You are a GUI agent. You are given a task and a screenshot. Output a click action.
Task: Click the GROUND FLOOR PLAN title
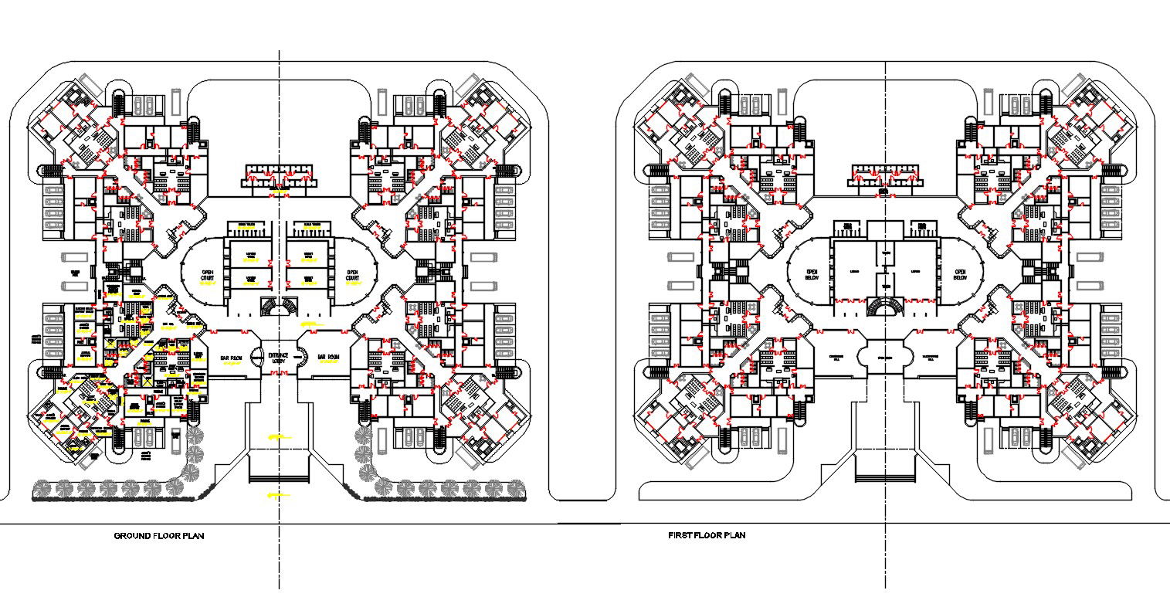(159, 535)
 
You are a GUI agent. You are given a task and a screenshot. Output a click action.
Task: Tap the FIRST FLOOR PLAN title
(707, 535)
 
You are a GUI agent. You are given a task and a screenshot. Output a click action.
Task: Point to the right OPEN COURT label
(353, 276)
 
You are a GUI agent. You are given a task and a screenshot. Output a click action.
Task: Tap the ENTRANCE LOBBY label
(278, 358)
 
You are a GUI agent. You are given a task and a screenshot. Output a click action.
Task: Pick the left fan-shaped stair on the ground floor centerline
(267, 306)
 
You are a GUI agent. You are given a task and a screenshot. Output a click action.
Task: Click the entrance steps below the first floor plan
(886, 470)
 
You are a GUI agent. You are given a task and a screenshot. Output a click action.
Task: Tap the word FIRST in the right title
(680, 535)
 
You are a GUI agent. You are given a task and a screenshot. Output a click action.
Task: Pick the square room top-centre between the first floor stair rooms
(885, 229)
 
